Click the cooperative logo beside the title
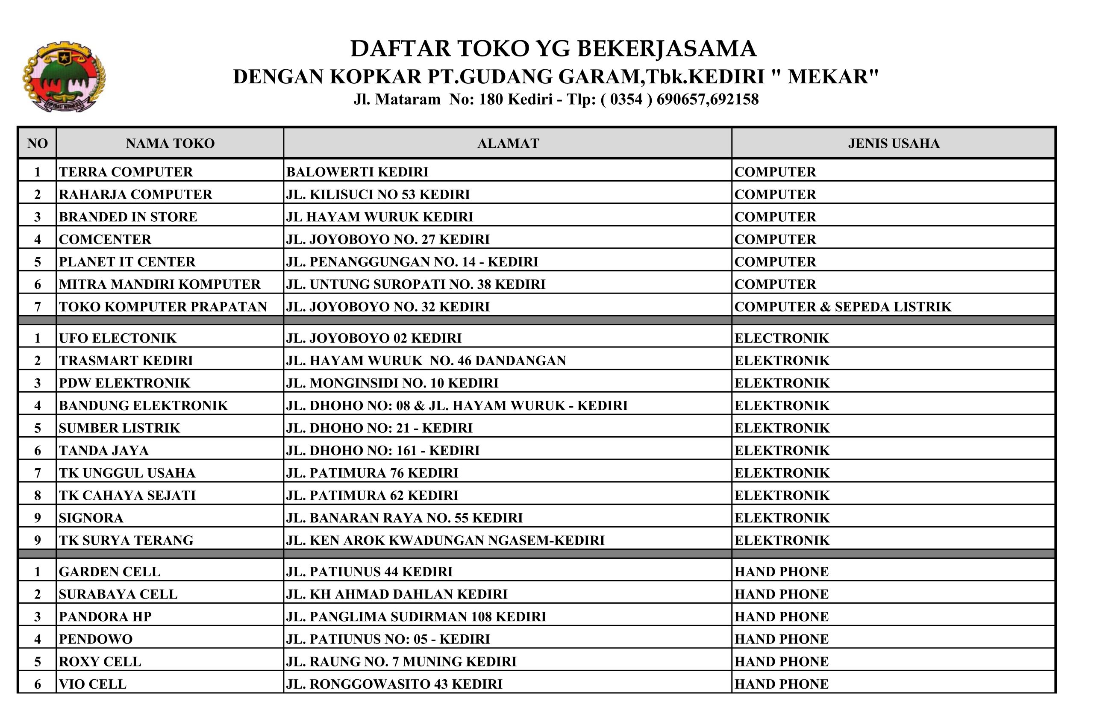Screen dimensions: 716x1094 pyautogui.click(x=64, y=77)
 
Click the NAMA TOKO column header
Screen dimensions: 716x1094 pyautogui.click(x=170, y=144)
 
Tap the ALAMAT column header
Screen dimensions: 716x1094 pyautogui.click(x=508, y=144)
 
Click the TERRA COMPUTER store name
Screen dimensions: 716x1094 pyautogui.click(x=126, y=172)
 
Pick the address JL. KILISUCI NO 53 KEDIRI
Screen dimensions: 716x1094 pyautogui.click(x=378, y=194)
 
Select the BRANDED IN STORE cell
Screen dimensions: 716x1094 pyautogui.click(x=128, y=217)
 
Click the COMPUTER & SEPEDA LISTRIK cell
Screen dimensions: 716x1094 pyautogui.click(x=843, y=307)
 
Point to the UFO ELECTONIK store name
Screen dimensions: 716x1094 pyautogui.click(x=118, y=338)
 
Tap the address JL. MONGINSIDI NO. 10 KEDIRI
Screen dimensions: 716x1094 pyautogui.click(x=392, y=383)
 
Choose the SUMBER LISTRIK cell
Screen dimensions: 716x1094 pyautogui.click(x=120, y=428)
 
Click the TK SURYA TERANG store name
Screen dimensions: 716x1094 pyautogui.click(x=126, y=540)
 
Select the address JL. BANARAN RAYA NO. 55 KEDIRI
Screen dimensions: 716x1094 pyautogui.click(x=405, y=518)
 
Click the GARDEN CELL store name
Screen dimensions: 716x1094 pyautogui.click(x=109, y=572)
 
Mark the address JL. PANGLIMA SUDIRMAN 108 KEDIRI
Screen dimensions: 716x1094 pyautogui.click(x=416, y=617)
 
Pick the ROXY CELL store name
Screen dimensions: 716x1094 pyautogui.click(x=100, y=662)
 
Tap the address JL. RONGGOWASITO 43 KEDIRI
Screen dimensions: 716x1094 pyautogui.click(x=394, y=684)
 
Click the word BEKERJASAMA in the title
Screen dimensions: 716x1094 pyautogui.click(x=667, y=49)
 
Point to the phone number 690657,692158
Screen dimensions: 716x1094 pyautogui.click(x=707, y=99)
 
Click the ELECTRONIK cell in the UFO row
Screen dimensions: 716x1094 pyautogui.click(x=782, y=338)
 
